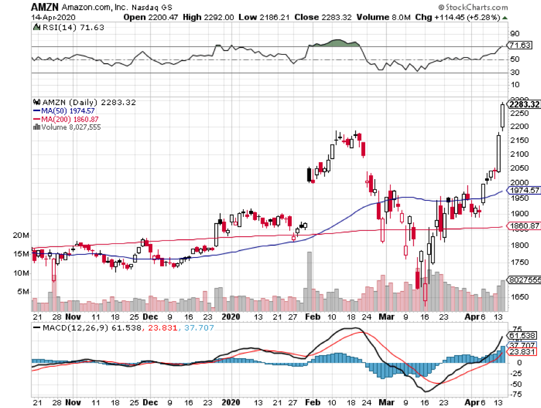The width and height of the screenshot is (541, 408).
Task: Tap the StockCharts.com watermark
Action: coord(475,7)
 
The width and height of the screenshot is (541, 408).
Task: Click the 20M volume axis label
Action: coord(21,235)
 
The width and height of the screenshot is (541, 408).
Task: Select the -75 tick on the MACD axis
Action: coord(515,394)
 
